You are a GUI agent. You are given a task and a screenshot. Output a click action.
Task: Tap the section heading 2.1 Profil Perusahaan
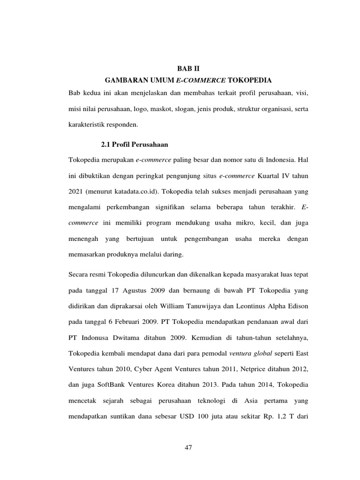[135, 143]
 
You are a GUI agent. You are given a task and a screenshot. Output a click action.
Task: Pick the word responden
[120, 126]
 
